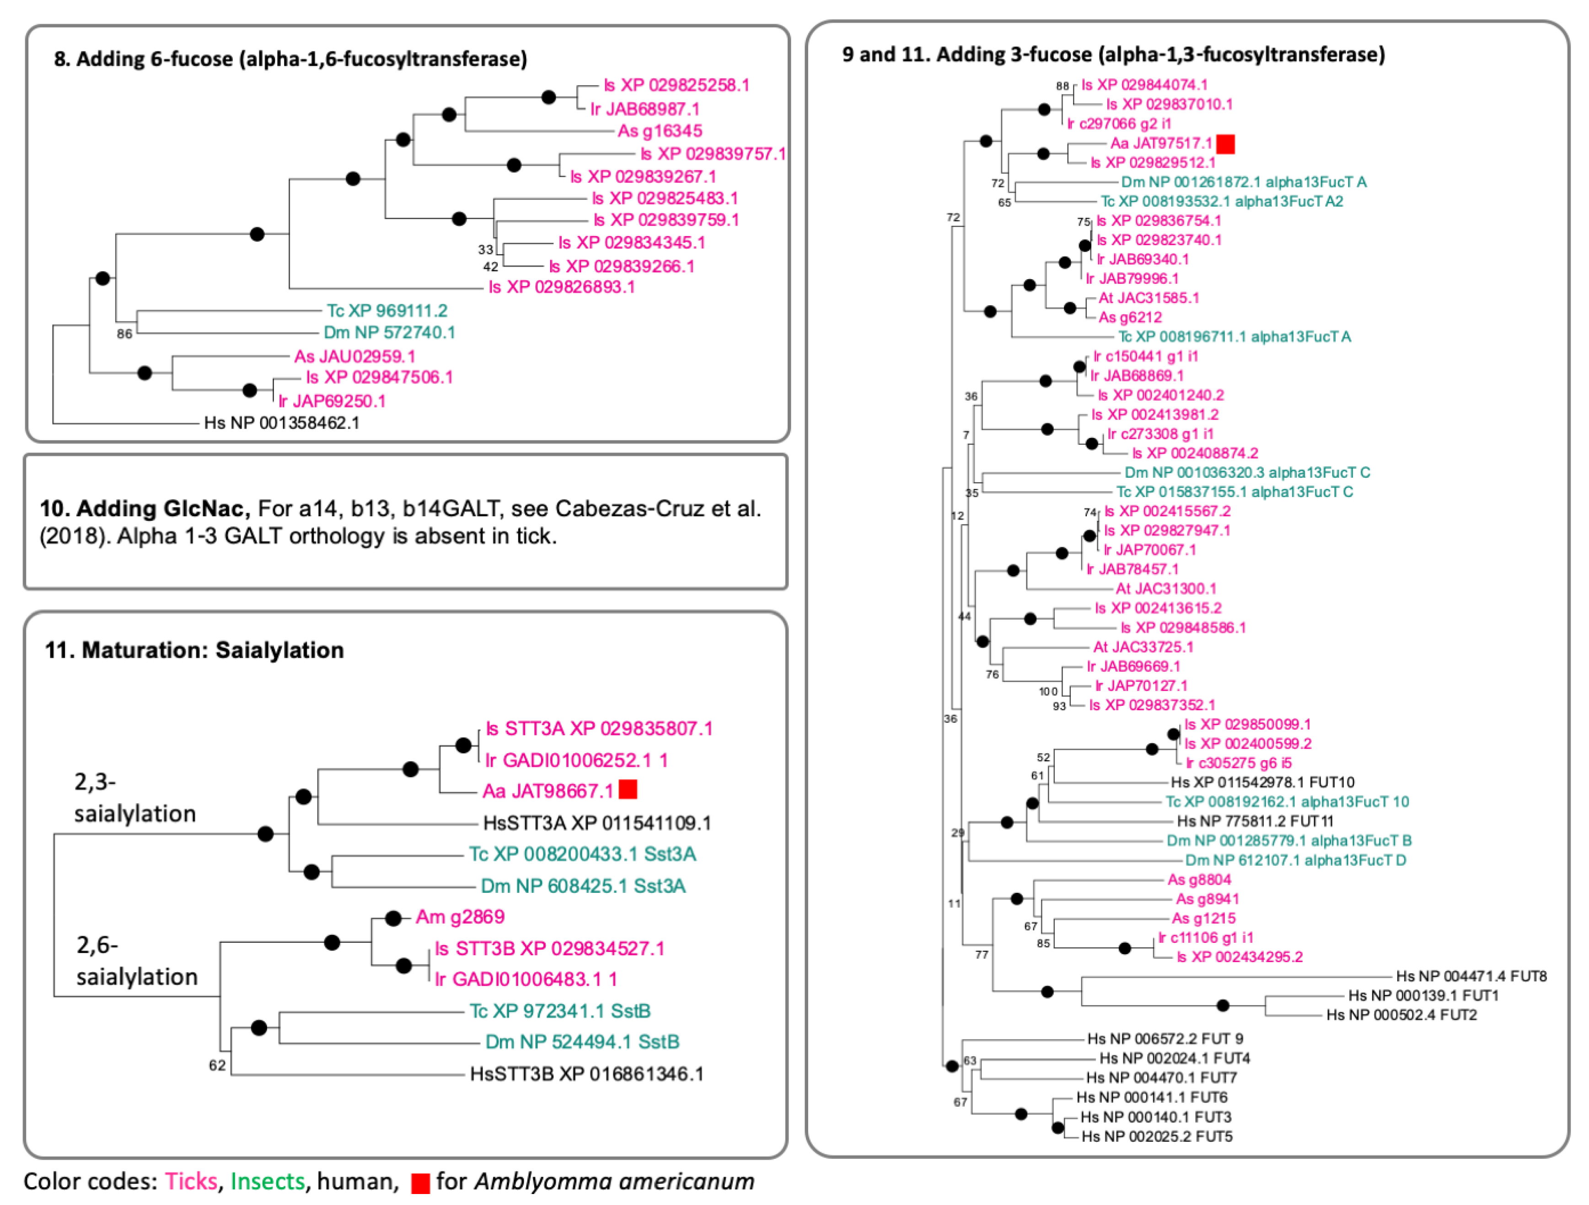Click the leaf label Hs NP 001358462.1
(282, 422)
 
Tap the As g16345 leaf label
(660, 131)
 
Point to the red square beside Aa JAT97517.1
(1225, 144)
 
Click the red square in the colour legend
(420, 1183)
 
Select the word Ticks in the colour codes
(191, 1181)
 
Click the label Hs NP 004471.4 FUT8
(1471, 976)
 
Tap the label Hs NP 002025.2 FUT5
(1157, 1136)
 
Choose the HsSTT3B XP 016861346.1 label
(586, 1074)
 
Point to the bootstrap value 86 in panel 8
(124, 334)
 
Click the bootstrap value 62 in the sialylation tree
(217, 1065)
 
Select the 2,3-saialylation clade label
(134, 798)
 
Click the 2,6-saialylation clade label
(136, 961)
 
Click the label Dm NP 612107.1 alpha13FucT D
(1295, 860)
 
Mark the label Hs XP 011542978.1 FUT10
(1262, 782)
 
